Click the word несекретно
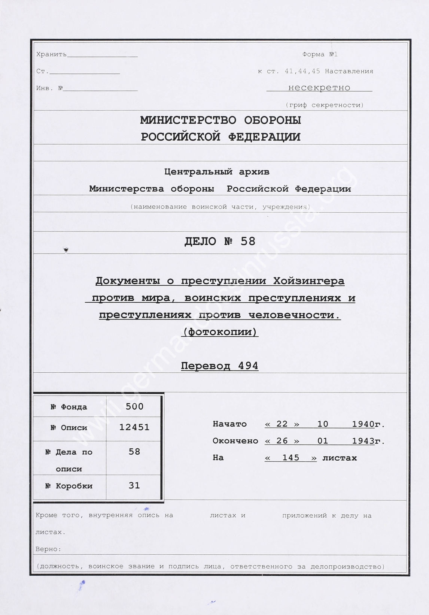319,88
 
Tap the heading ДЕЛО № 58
220,241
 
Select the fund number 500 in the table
134,406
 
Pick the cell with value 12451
134,427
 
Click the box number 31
134,485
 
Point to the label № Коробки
69,486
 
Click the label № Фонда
69,407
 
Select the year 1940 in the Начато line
363,424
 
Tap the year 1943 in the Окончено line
363,441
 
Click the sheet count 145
291,458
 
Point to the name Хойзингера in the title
309,281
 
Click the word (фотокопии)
220,332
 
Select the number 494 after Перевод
248,366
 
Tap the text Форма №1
320,54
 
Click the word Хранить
51,54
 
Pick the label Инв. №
49,88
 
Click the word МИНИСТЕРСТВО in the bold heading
188,120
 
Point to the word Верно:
48,549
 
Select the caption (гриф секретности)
324,105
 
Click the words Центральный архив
217,172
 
